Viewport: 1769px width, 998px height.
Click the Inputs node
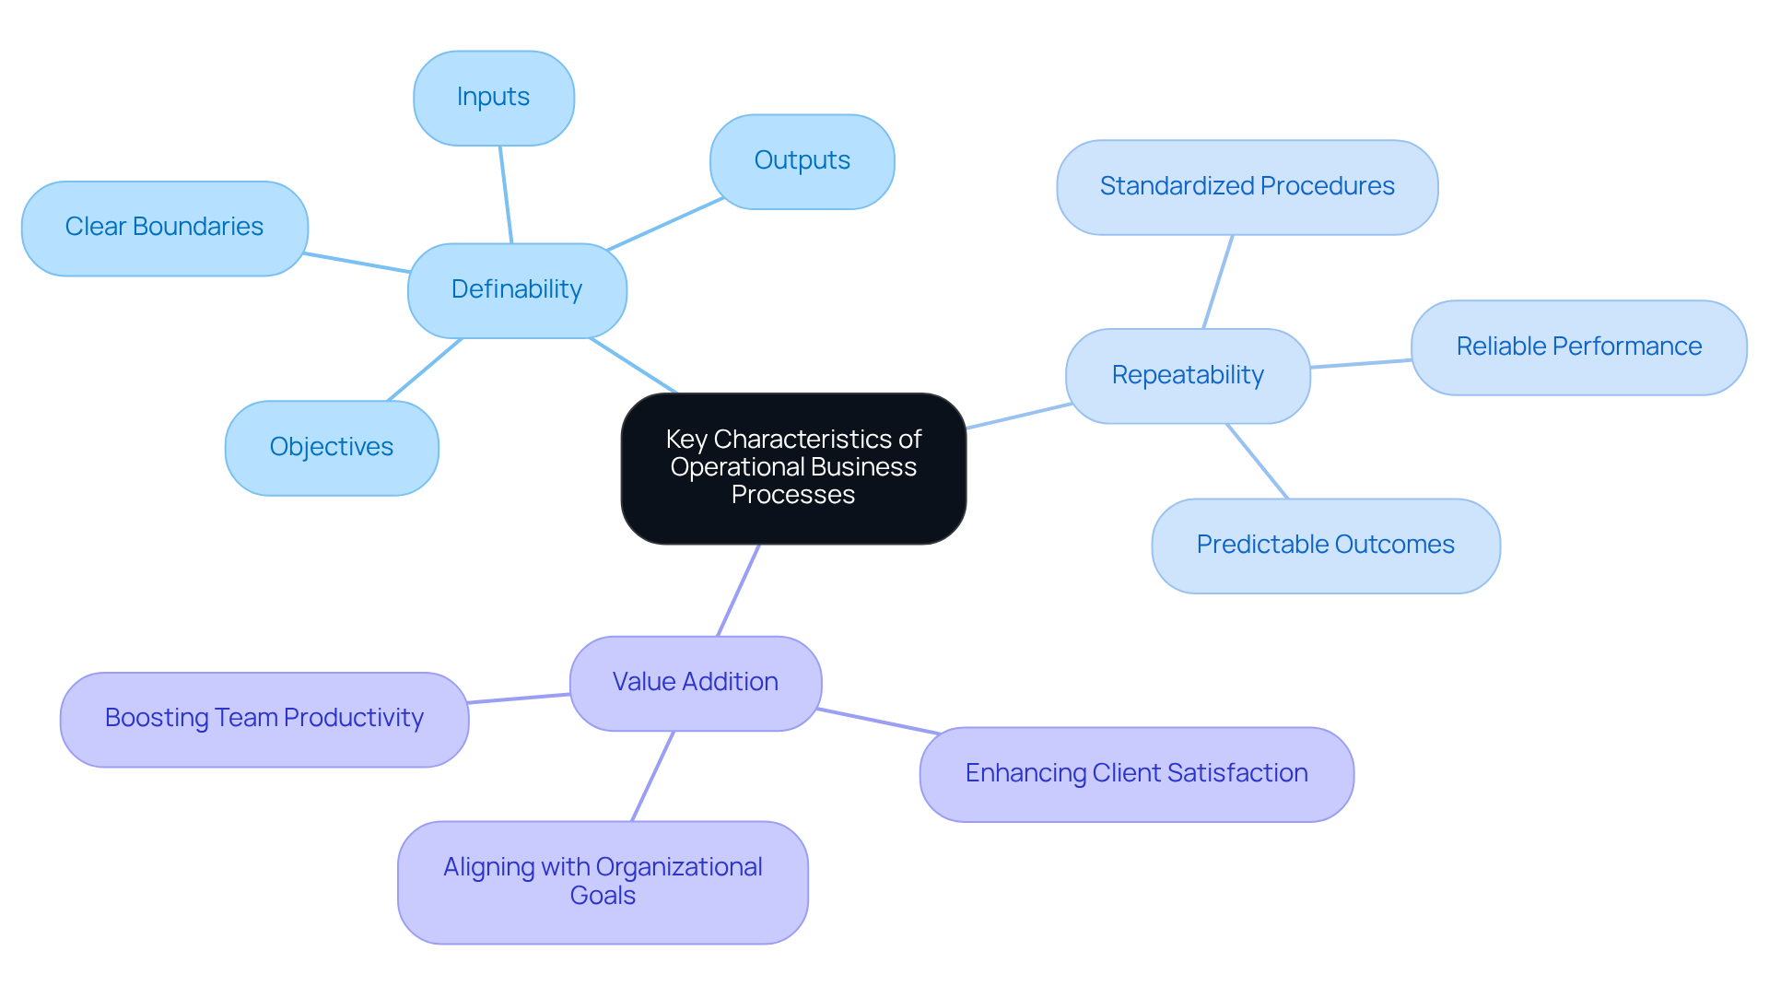tap(494, 98)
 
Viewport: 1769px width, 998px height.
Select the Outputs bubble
tap(802, 161)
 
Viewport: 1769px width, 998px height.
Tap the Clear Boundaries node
tap(164, 228)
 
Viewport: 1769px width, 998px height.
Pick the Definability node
tap(517, 290)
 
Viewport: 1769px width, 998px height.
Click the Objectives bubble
tap(332, 448)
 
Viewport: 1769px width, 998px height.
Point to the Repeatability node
tap(1188, 376)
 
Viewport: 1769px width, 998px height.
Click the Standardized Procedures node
tap(1247, 187)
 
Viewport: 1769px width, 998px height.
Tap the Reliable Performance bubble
tap(1578, 347)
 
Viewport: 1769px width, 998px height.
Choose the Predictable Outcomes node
tap(1325, 546)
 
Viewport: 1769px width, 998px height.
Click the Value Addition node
tap(695, 683)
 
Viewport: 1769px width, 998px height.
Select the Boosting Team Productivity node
tap(264, 719)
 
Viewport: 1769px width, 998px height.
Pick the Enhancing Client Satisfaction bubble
tap(1136, 774)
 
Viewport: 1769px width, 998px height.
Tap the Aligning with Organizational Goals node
tap(603, 882)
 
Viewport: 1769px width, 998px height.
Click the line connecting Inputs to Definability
tap(506, 194)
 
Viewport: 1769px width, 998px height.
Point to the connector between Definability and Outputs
tap(665, 224)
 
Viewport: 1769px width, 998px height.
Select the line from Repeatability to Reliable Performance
tap(1361, 364)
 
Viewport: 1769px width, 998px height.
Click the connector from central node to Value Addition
tap(738, 591)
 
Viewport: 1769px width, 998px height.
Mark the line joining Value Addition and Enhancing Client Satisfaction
tap(878, 722)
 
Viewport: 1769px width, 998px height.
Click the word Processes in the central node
tap(793, 495)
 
